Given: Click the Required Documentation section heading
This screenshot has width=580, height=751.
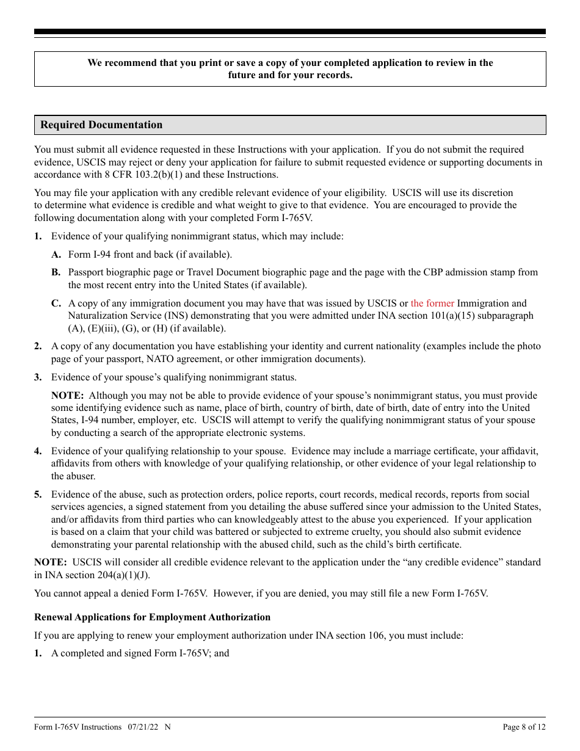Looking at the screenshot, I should pos(101,125).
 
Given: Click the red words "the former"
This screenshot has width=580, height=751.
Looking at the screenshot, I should pos(432,303).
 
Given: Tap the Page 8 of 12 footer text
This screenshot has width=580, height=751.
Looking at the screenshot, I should pos(524,727).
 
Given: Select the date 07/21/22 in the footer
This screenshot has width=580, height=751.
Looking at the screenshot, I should pos(143,727).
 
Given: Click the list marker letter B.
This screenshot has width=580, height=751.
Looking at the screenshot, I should pos(56,272).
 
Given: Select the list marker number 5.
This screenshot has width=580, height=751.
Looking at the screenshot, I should pos(38,495).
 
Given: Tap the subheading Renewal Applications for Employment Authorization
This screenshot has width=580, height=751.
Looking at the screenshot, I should pos(152,617).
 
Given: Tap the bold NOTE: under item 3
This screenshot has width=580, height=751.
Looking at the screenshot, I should pos(67,396).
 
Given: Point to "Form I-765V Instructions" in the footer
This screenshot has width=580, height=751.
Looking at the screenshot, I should pos(78,727).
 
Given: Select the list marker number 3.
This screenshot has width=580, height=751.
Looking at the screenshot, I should pos(38,377).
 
